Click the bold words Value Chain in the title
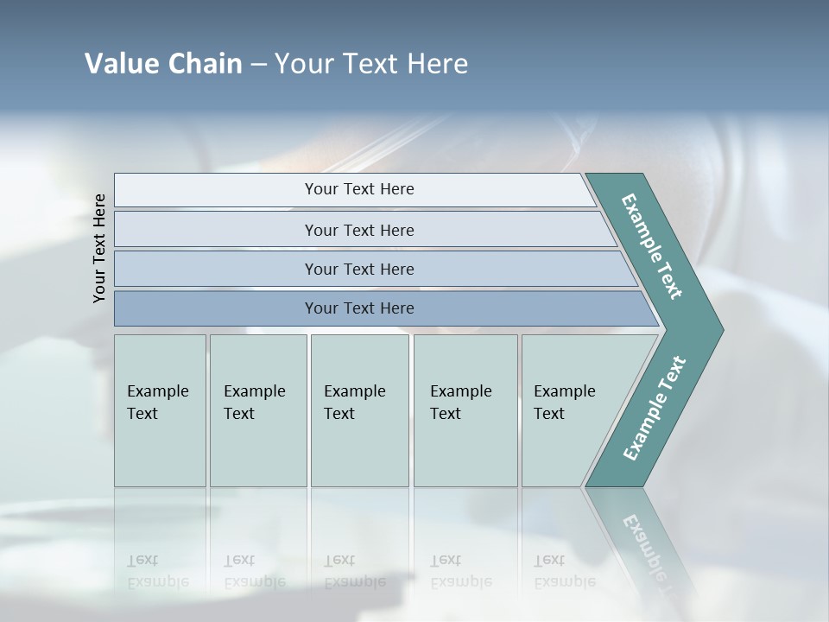click(x=163, y=64)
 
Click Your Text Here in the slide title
click(x=371, y=64)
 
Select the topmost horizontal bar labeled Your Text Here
click(x=358, y=189)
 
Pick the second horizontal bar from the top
click(x=358, y=230)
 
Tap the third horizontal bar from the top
click(x=358, y=269)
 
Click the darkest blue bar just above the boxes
click(x=358, y=308)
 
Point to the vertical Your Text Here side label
click(x=99, y=248)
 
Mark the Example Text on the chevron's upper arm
click(x=653, y=246)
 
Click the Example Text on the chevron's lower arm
click(x=655, y=409)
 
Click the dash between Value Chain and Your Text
click(x=258, y=65)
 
